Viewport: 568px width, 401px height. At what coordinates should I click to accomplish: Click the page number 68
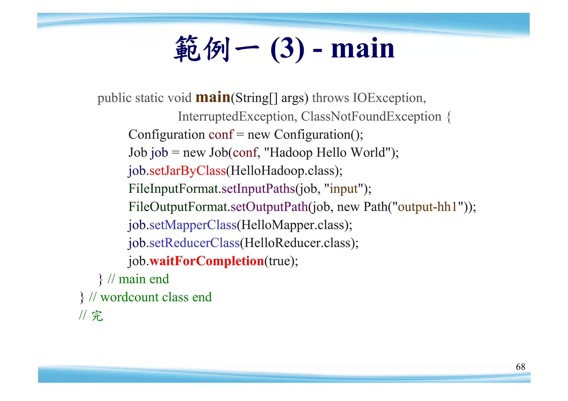(x=520, y=367)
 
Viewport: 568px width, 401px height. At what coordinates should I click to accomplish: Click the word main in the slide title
(x=362, y=49)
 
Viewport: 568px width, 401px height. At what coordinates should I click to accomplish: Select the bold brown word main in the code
(x=213, y=97)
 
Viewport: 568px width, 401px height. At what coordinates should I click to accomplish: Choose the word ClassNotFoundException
(x=371, y=116)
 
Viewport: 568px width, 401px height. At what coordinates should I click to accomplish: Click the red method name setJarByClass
(x=187, y=171)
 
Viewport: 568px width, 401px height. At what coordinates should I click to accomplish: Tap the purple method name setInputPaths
(x=258, y=189)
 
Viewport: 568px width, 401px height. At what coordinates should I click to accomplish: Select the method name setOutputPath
(x=269, y=207)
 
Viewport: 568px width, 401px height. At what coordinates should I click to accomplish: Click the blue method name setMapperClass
(x=193, y=225)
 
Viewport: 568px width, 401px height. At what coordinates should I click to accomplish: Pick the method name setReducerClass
(x=194, y=243)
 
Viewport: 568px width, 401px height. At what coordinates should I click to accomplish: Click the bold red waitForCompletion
(x=207, y=261)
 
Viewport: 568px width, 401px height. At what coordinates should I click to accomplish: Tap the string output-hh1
(x=427, y=207)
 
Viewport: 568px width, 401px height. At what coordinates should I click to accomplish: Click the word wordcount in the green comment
(x=129, y=297)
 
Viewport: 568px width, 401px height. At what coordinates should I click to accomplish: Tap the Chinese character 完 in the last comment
(x=97, y=316)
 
